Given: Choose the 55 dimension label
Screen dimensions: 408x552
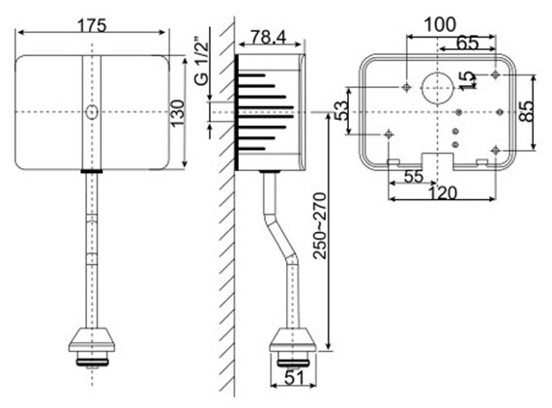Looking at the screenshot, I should (412, 177).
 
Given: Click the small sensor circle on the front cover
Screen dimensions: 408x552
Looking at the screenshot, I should (91, 112).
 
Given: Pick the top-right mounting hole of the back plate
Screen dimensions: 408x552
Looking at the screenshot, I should (496, 73).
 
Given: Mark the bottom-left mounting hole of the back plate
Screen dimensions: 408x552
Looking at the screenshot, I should (390, 132).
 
